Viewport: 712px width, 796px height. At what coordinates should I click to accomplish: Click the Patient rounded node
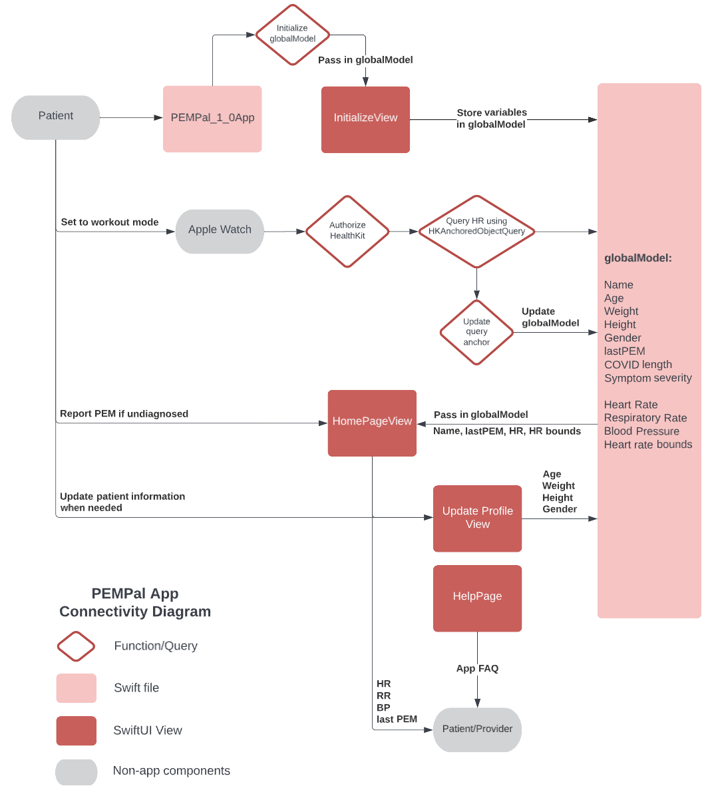[56, 117]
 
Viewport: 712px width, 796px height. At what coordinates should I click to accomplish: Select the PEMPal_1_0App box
[212, 118]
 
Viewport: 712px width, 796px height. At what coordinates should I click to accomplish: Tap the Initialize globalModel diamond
[293, 35]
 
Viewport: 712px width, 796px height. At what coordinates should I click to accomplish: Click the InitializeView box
[365, 119]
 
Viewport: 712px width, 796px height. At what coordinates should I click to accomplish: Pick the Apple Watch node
[220, 231]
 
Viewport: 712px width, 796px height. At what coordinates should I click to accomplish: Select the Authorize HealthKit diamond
[347, 231]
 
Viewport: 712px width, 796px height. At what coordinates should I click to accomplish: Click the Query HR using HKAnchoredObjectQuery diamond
[476, 231]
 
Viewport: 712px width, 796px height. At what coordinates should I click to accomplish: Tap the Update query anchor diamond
[476, 332]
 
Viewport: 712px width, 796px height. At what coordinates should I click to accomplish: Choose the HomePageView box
[372, 423]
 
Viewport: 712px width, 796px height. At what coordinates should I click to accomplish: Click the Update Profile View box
[477, 518]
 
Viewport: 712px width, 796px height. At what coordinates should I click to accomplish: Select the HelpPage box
[477, 598]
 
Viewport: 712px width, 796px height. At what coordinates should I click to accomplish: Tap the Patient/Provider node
[477, 729]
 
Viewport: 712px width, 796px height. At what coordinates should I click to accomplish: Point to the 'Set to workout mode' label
[110, 222]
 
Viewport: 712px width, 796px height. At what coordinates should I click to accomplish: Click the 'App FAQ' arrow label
[477, 668]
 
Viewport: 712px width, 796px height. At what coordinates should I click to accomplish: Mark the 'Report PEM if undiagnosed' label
[124, 414]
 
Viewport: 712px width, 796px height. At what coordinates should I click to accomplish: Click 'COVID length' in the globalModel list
[637, 365]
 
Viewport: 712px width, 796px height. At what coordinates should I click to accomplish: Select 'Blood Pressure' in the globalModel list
[641, 431]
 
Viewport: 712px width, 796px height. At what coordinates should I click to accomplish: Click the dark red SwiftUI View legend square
[77, 730]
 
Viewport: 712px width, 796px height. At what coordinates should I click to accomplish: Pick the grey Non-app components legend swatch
[77, 771]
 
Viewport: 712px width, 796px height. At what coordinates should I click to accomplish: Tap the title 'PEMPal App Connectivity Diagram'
[135, 602]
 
